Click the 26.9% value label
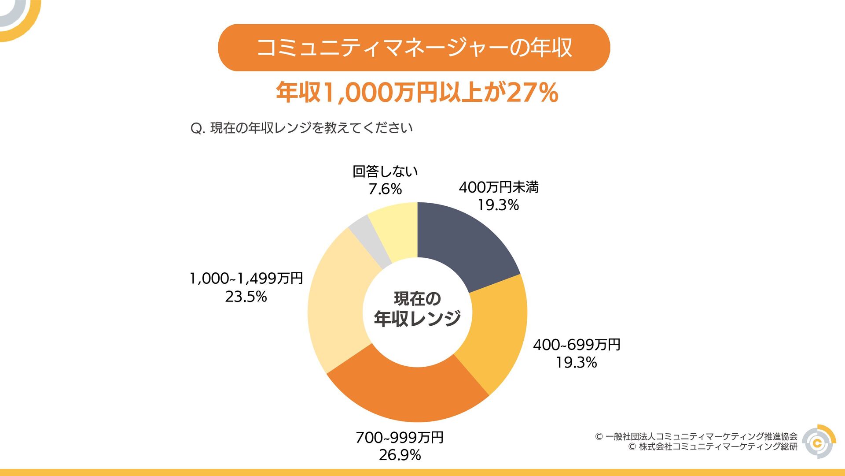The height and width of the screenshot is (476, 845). click(x=400, y=455)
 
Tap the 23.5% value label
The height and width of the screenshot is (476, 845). click(x=246, y=297)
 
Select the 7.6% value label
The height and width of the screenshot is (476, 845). click(x=385, y=189)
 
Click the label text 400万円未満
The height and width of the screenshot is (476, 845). click(x=499, y=187)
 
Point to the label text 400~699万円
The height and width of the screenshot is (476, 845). click(x=577, y=345)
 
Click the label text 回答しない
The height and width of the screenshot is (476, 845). click(x=385, y=171)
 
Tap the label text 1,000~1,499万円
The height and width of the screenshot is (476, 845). click(x=246, y=279)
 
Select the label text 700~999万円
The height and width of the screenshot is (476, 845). click(x=400, y=437)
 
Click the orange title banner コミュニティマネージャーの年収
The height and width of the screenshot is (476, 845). click(x=414, y=48)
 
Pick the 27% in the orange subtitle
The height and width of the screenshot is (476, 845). click(x=533, y=93)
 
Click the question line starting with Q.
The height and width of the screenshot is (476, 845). click(x=301, y=128)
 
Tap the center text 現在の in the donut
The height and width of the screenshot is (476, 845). click(x=417, y=299)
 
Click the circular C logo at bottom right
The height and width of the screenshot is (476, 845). click(x=818, y=442)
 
